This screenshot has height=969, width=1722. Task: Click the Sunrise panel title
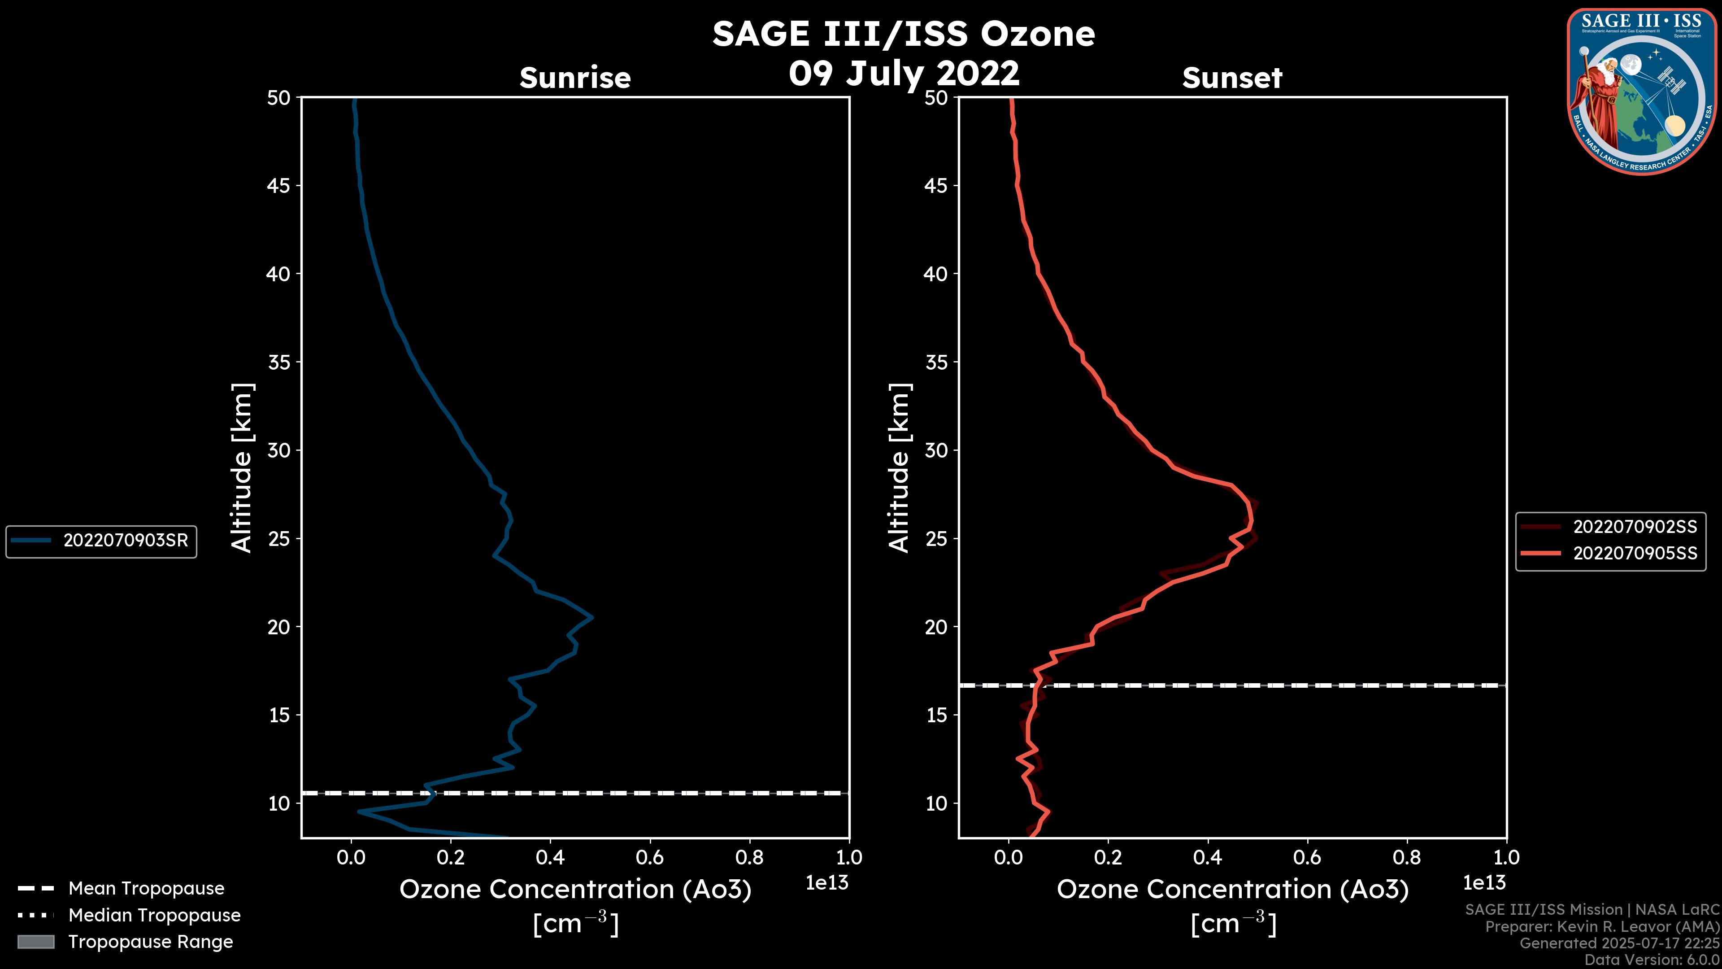(575, 78)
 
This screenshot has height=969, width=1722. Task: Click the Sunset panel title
(1232, 78)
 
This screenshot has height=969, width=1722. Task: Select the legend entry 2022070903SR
(126, 540)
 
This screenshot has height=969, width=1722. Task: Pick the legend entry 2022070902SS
(1635, 527)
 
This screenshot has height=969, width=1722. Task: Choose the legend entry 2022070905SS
(1635, 554)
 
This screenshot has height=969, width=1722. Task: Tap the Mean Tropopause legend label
(146, 888)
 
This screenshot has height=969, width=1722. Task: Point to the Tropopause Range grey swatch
(35, 942)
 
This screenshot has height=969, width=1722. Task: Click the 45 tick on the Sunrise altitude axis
(279, 186)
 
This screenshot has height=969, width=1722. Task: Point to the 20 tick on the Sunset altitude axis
(936, 627)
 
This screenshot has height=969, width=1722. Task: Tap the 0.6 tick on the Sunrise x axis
(650, 857)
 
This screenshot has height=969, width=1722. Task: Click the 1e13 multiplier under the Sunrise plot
(827, 883)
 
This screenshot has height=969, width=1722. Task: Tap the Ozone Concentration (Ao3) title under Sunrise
(575, 890)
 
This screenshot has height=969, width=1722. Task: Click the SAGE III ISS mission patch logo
(1642, 91)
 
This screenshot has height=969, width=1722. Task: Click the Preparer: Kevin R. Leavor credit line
(1602, 927)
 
